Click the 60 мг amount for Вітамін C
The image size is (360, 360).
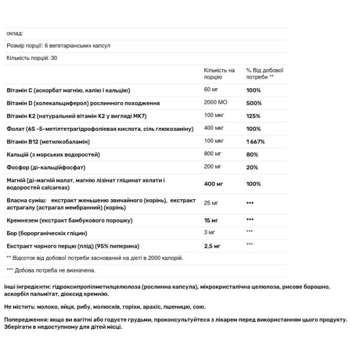click(x=212, y=90)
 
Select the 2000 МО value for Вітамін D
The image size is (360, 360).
click(x=215, y=103)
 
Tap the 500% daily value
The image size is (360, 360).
click(x=253, y=103)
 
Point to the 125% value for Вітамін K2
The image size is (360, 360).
click(x=253, y=115)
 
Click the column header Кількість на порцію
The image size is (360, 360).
click(x=219, y=74)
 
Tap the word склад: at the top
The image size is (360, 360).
click(x=14, y=34)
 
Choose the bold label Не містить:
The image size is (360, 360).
click(x=22, y=306)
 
